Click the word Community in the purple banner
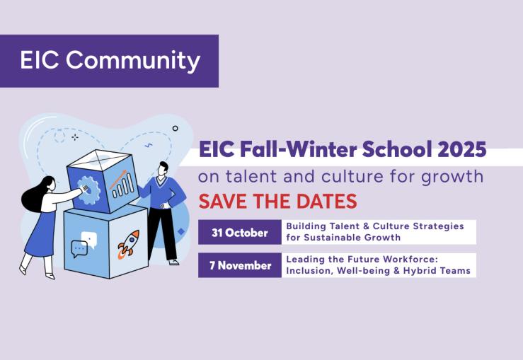tap(133, 61)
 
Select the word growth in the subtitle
tap(452, 177)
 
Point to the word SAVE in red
tap(223, 201)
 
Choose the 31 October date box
tap(240, 232)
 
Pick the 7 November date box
tap(240, 265)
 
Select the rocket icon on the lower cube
tap(129, 244)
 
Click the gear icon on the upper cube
tap(88, 190)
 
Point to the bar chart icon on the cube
tap(122, 185)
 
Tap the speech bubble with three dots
tap(79, 249)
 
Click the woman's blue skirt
tap(40, 234)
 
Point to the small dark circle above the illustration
tap(175, 128)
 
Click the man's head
tap(163, 168)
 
